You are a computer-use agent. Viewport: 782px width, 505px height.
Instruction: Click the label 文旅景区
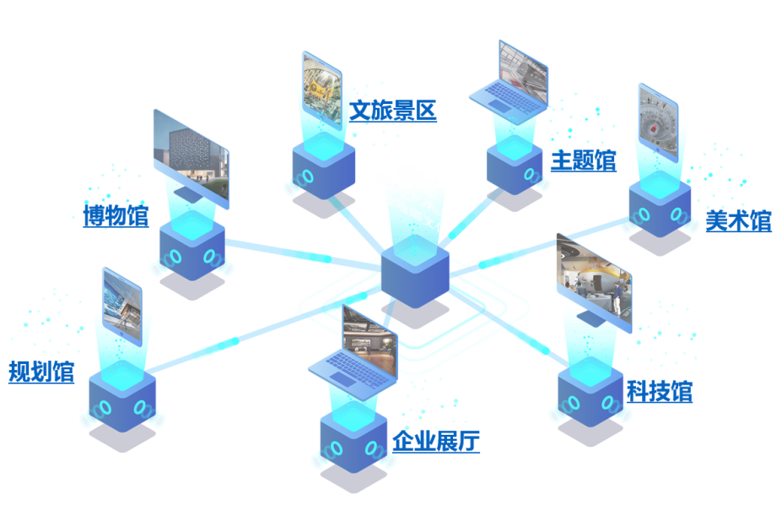coord(393,110)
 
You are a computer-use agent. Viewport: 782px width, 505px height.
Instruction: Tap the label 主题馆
coord(583,160)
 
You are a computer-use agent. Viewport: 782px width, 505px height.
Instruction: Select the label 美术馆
coord(738,221)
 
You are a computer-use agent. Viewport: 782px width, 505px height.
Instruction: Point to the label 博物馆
coord(116,216)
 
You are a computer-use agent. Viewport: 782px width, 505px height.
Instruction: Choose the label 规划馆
coord(41,372)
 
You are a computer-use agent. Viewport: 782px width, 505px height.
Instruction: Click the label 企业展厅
coord(436,440)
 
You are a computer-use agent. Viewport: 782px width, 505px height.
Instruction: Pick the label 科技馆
coord(659,392)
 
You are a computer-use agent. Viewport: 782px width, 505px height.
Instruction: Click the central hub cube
coord(414,272)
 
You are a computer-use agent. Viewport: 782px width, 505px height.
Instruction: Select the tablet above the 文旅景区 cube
coord(322,88)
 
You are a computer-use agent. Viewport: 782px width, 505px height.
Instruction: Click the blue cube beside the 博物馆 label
coord(192,250)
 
